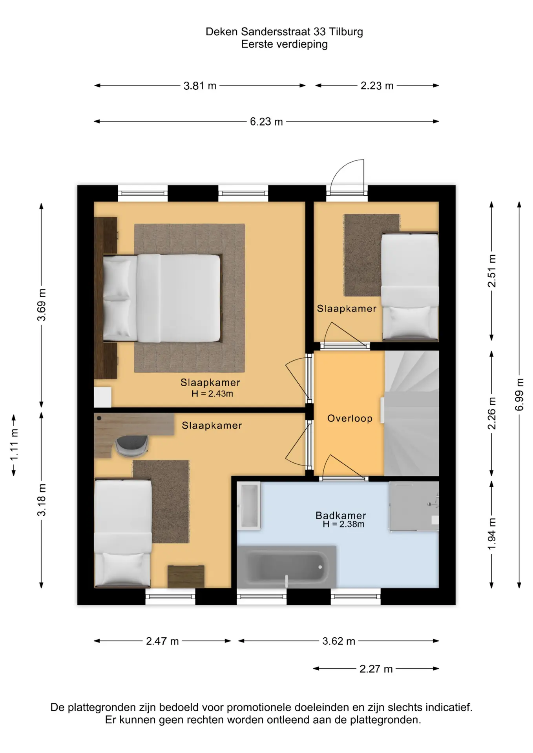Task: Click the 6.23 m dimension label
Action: point(266,122)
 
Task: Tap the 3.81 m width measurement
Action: point(200,85)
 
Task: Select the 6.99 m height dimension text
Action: point(519,395)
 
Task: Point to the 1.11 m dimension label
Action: point(14,445)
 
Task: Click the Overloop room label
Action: point(350,418)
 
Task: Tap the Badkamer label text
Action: point(341,515)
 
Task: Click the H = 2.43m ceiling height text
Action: point(212,394)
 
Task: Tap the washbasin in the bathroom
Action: point(249,506)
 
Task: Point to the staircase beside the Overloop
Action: point(411,413)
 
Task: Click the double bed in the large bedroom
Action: point(162,298)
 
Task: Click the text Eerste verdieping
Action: point(284,44)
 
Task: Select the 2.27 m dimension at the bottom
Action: point(376,669)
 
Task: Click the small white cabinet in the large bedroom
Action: point(103,397)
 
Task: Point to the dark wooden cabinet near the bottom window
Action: point(186,577)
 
